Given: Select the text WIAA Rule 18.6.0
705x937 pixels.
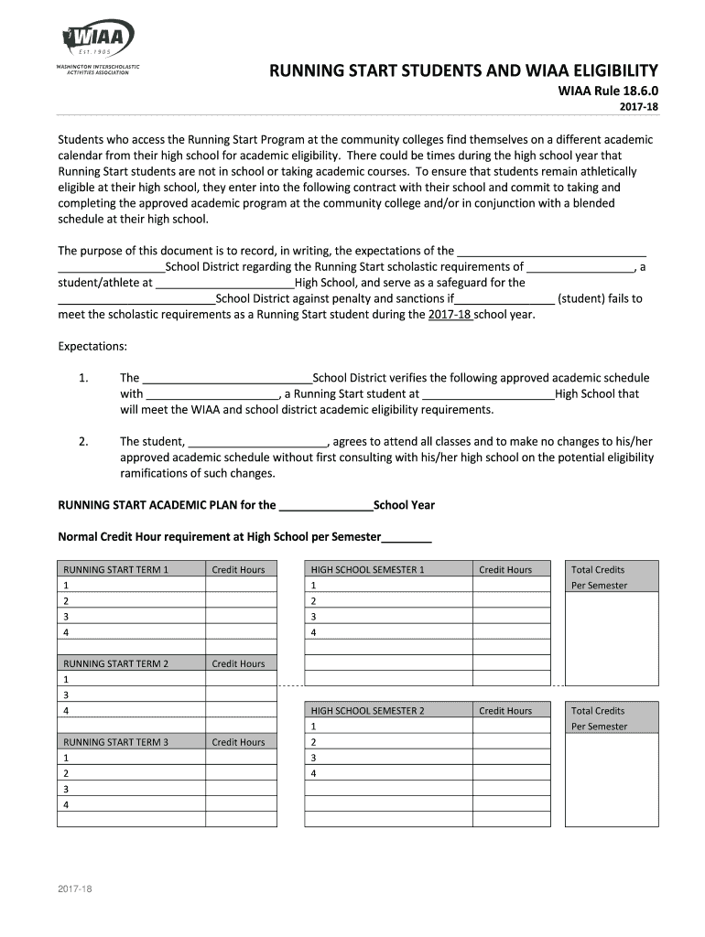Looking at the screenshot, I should (608, 92).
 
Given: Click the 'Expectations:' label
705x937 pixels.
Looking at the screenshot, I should (92, 346).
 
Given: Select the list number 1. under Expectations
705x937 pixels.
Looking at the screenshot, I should (83, 378).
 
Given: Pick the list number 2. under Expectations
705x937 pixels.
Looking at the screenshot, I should (83, 442).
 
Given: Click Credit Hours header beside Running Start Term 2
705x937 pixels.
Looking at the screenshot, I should (238, 663).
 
